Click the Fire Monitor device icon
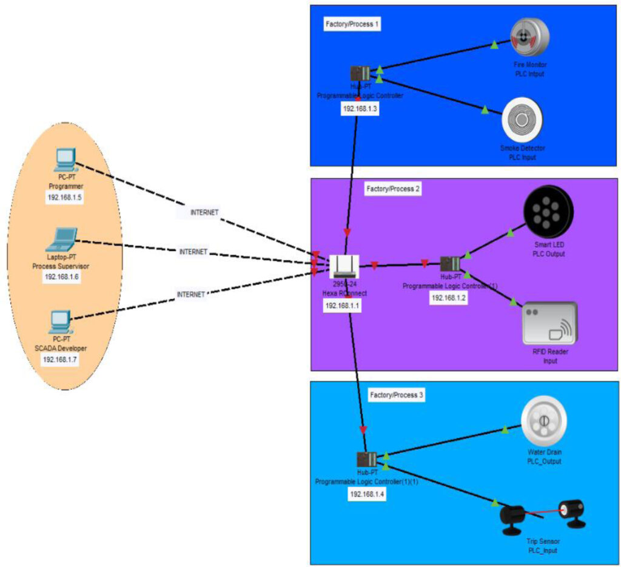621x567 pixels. (529, 39)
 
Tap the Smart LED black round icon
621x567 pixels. (548, 211)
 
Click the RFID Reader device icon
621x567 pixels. (549, 323)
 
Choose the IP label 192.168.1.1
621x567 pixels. (343, 306)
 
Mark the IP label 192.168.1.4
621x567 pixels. (366, 494)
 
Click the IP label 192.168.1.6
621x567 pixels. (62, 277)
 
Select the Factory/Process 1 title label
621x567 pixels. (352, 23)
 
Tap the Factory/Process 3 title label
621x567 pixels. (397, 395)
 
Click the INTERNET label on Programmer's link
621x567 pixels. (204, 212)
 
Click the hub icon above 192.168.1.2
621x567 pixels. (450, 264)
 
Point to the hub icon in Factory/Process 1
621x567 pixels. (360, 73)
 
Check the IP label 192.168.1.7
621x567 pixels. (61, 359)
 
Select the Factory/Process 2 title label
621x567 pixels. (393, 189)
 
